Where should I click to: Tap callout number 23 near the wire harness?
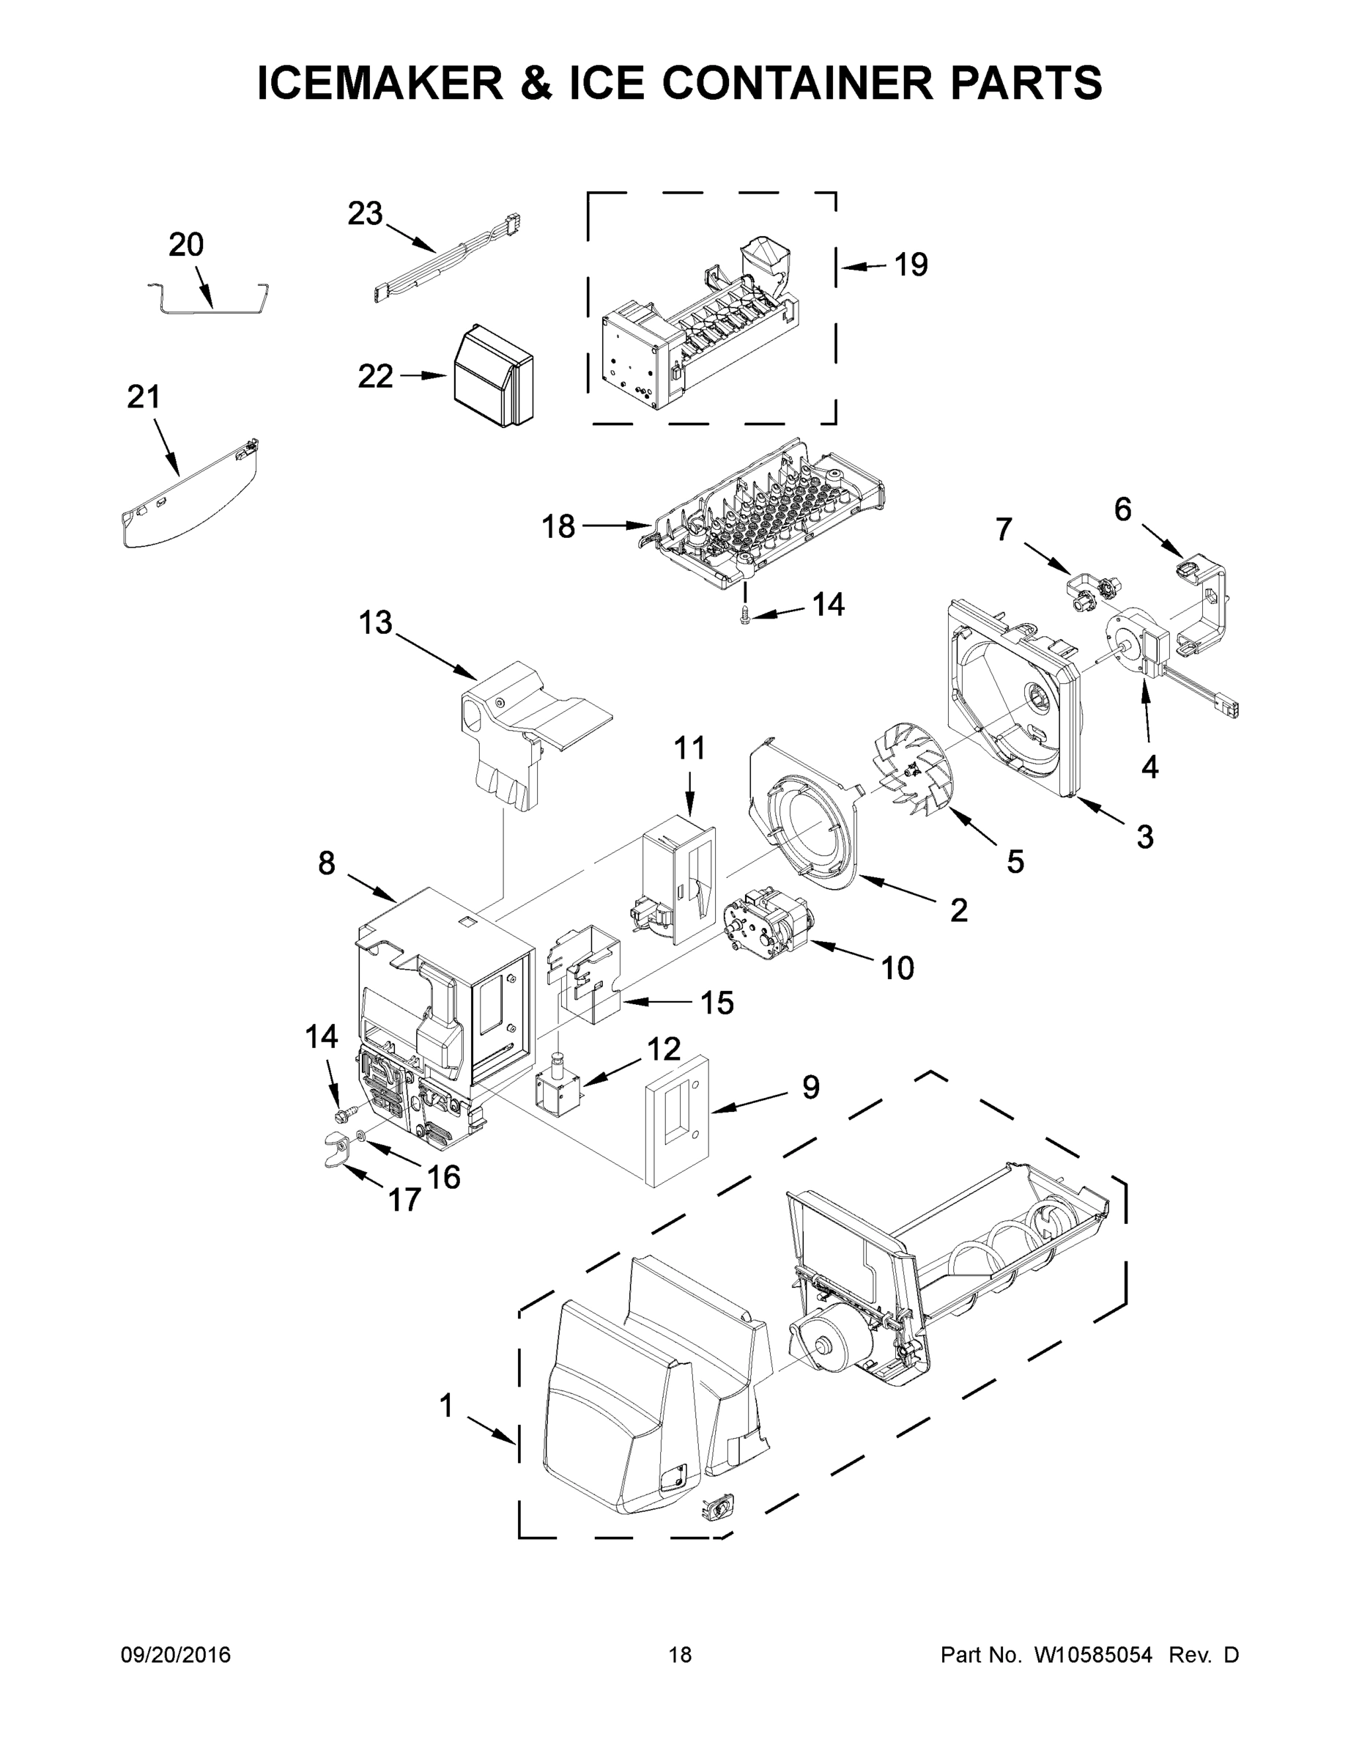point(365,213)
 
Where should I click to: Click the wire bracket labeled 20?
point(210,301)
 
